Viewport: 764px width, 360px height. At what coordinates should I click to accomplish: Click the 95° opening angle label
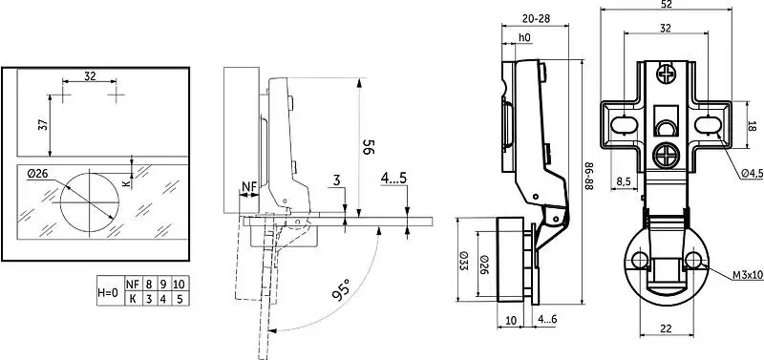341,290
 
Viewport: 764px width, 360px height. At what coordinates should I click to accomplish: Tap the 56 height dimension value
369,147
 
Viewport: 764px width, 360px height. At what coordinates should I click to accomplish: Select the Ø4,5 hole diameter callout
752,174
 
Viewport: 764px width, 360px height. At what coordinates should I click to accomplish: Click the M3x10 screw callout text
748,275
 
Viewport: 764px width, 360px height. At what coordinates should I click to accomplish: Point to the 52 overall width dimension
666,5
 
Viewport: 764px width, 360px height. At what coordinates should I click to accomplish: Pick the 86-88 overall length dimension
588,176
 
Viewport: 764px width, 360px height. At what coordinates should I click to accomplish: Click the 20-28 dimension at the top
536,19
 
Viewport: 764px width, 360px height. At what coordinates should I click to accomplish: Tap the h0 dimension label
523,37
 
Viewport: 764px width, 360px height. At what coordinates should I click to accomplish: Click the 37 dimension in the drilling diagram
43,125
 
